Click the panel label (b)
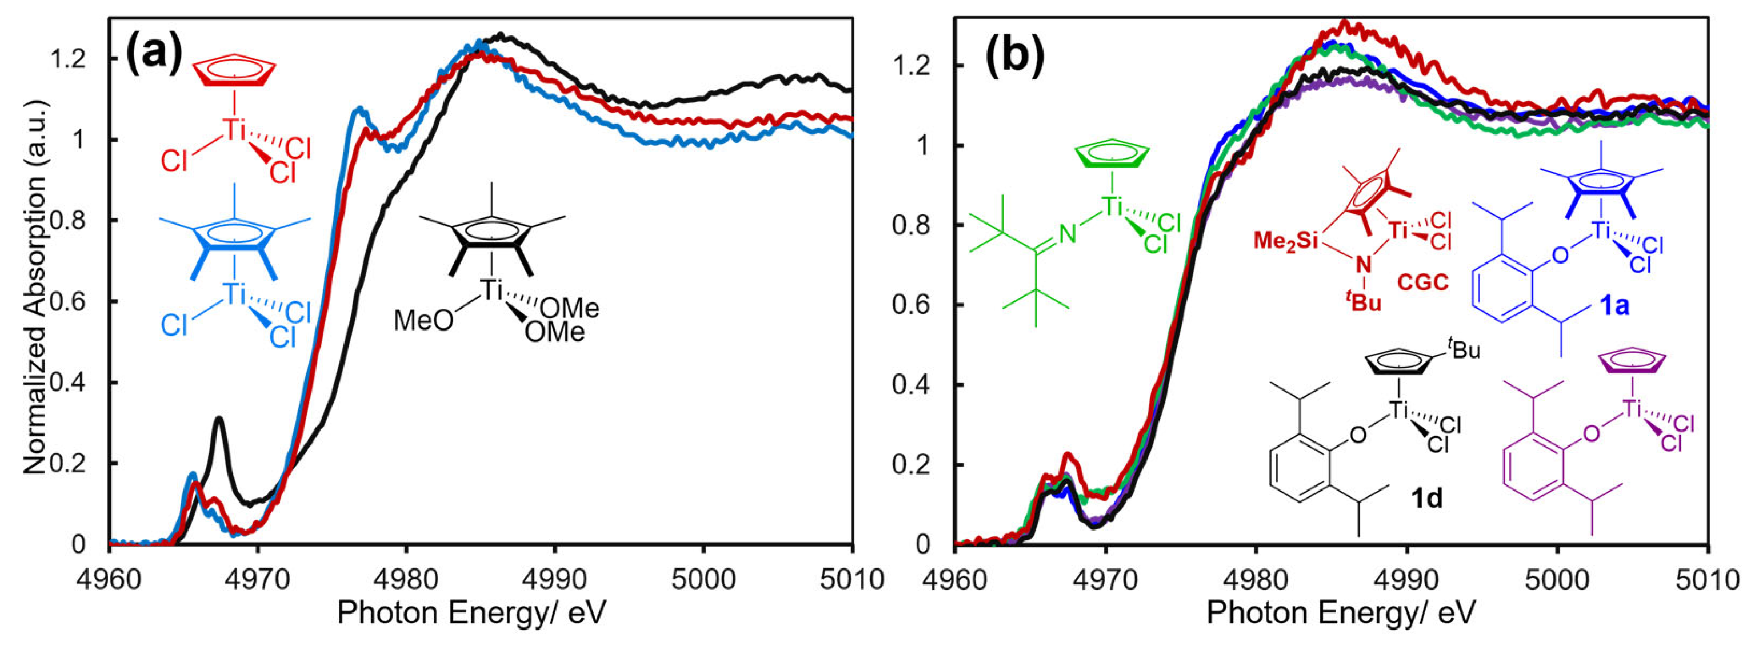point(1015,55)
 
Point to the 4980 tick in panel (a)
point(406,579)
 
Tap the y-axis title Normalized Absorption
point(34,288)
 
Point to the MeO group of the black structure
point(423,320)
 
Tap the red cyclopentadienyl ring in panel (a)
point(234,71)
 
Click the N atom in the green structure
point(1068,235)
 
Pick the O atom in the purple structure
point(1590,433)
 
